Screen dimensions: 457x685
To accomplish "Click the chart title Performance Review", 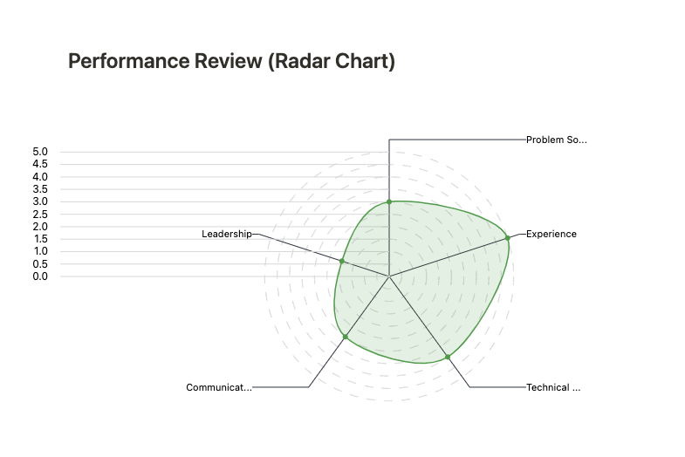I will coord(231,62).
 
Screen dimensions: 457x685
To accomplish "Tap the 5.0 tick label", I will coord(40,152).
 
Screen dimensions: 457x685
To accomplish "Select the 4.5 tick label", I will coord(40,164).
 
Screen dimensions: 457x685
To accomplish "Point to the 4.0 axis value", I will coord(40,177).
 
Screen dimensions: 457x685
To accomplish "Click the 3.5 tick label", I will coord(40,189).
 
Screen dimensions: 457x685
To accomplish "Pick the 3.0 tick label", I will coord(40,201).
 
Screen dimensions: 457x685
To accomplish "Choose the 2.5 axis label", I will coord(40,215).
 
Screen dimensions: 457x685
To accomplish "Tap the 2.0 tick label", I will coord(40,227).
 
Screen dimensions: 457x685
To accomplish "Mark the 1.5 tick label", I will coord(40,239).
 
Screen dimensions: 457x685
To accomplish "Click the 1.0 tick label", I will coord(40,252).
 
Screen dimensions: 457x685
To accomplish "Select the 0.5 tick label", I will coord(40,264).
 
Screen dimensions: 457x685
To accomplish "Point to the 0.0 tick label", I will coord(40,276).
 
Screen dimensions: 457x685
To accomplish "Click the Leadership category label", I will coord(226,234).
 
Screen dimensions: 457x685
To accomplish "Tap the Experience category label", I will coord(551,234).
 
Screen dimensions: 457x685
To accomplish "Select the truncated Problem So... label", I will coord(556,140).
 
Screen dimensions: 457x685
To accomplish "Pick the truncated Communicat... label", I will coord(219,387).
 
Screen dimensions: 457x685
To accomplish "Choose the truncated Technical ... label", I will coord(552,387).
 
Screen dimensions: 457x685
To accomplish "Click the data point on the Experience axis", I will coord(508,238).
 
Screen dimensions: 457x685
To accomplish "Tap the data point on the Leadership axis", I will coord(342,262).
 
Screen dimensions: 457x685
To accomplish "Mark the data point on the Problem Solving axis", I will coord(389,201).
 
